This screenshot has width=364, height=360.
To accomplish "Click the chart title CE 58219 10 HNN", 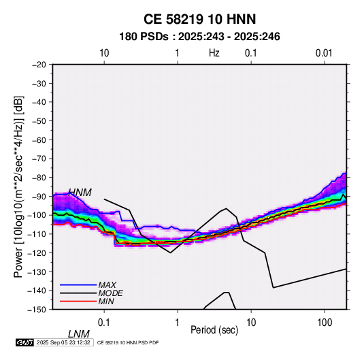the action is tap(199, 19).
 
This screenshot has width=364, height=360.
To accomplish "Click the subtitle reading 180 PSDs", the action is tap(144, 37).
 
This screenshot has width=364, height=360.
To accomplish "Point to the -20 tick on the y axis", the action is tap(39, 65).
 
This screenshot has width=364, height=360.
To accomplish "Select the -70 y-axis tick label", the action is tap(39, 159).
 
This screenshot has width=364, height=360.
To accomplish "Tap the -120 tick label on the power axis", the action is tap(37, 253).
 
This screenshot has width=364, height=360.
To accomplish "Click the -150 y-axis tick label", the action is tap(37, 310).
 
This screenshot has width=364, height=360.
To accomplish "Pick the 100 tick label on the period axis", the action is tap(325, 323).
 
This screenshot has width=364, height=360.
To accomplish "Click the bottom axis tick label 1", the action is tap(178, 323).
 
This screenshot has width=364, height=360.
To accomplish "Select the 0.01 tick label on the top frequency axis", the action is tap(324, 53).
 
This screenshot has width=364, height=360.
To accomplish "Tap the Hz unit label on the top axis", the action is tap(214, 53).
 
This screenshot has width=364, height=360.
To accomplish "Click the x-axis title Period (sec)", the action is tap(214, 330).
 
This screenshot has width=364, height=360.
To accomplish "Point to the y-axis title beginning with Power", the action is tap(18, 187).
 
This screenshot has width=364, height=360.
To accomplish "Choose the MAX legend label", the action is tap(107, 285).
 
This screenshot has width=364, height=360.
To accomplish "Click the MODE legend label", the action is tap(110, 293).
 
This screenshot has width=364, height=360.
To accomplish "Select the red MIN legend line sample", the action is tap(78, 301).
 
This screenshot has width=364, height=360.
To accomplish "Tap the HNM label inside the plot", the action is tap(80, 193).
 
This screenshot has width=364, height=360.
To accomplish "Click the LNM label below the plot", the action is tap(79, 334).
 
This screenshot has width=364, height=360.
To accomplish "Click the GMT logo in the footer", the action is tap(25, 342).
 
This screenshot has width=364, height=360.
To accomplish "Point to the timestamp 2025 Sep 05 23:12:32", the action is tap(63, 342).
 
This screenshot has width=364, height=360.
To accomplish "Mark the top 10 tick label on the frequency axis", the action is tap(104, 53).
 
